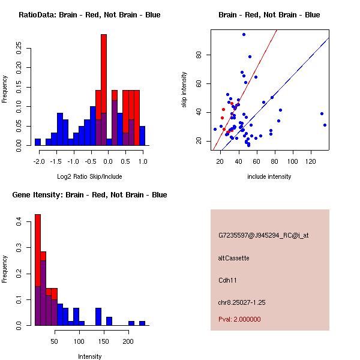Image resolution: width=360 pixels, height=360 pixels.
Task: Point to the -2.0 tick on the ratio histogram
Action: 39,161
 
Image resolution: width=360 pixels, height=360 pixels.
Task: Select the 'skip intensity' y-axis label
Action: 184,91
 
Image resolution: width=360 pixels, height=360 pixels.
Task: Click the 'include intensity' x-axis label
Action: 269,176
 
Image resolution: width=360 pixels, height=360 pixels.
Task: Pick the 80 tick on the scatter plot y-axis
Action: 198,55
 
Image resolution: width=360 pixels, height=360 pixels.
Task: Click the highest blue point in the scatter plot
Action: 244,35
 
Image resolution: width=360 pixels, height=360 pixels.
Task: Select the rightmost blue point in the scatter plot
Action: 325,125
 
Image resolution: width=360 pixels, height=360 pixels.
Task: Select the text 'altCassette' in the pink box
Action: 233,258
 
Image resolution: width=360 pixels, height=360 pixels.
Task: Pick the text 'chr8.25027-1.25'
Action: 242,301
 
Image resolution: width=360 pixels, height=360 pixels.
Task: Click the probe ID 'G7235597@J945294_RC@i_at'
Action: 263,236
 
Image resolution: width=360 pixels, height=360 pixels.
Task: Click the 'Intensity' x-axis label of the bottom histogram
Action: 89,356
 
